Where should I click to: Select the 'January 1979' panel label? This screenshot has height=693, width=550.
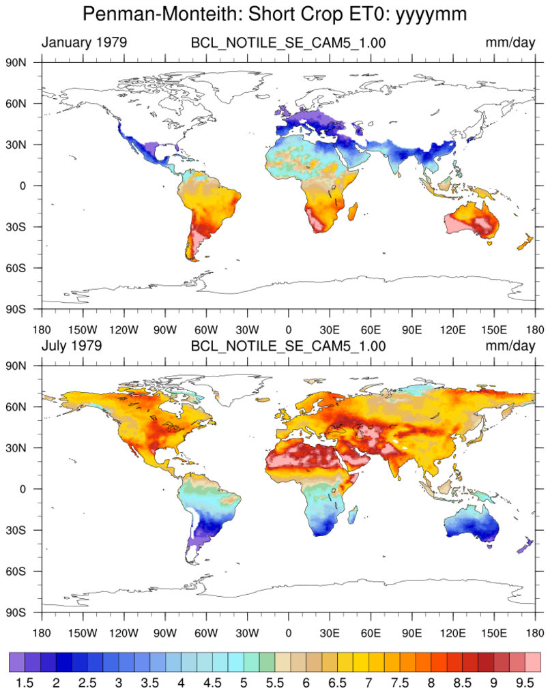coord(85,42)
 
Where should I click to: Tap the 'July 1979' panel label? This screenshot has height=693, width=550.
coord(72,346)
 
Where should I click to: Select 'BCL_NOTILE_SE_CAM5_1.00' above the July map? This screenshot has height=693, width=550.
coord(288,346)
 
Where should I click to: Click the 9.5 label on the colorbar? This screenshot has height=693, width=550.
coord(525,682)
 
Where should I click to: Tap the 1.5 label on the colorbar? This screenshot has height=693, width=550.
coord(25,682)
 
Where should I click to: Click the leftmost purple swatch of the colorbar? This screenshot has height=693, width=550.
coord(17,662)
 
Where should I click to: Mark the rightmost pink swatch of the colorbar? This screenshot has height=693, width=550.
coord(533,662)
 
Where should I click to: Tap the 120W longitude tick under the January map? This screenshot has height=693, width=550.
coord(124,330)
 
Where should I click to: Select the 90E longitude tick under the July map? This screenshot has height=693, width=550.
coord(412,634)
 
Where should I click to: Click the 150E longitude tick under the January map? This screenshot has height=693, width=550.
coord(494,330)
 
